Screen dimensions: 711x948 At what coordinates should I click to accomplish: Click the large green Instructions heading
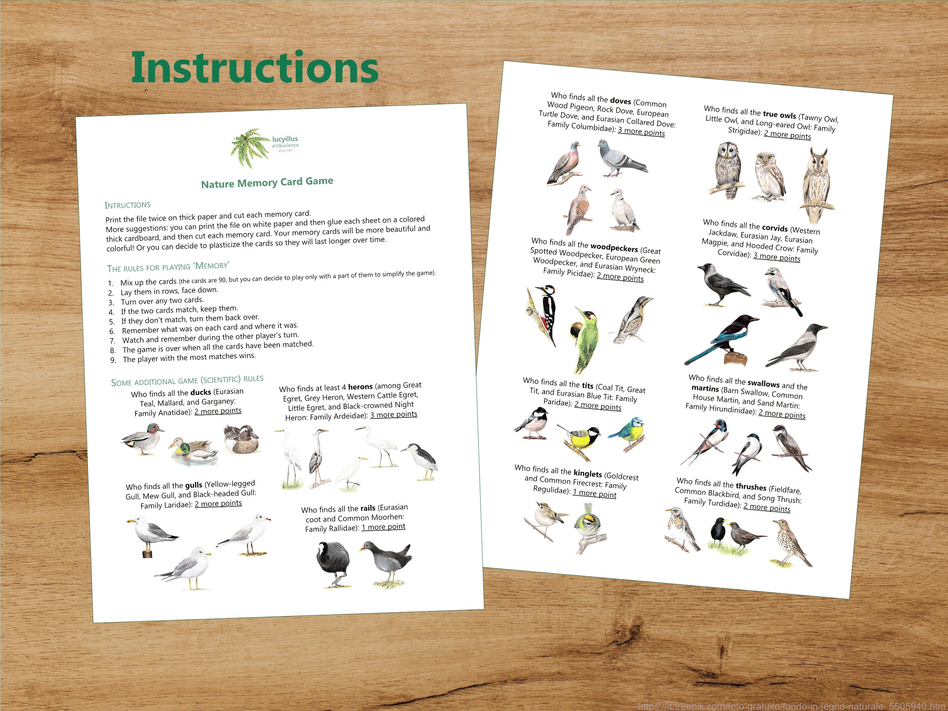(x=254, y=68)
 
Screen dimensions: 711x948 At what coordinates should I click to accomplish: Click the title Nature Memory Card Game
(x=267, y=183)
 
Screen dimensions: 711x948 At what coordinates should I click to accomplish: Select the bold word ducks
(x=201, y=392)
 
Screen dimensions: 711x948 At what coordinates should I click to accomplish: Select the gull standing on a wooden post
(x=150, y=535)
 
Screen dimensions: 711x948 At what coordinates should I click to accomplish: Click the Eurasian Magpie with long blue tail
(x=724, y=338)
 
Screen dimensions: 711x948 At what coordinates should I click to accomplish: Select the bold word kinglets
(x=588, y=473)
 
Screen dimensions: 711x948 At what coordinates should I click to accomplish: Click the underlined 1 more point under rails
(x=383, y=527)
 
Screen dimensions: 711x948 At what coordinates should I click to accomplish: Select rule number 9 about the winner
(x=189, y=358)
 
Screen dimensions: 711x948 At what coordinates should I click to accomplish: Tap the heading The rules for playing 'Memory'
(x=168, y=267)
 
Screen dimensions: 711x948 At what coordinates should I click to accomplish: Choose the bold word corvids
(x=775, y=228)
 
